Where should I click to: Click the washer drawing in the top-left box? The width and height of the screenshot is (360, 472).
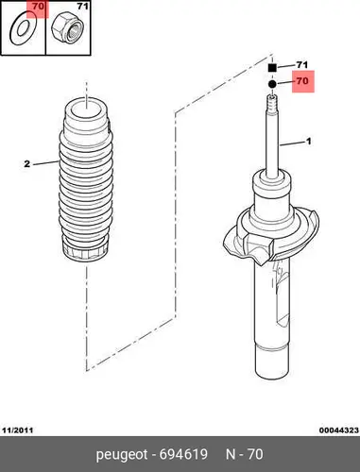coord(14,29)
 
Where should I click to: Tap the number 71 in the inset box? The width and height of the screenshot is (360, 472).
coord(82,6)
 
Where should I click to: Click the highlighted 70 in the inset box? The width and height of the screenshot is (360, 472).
coord(38,6)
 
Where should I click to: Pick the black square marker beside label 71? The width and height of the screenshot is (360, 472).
coord(272,68)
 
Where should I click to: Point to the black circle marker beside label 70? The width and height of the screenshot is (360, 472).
coord(272,84)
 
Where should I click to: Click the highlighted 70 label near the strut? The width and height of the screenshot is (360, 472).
coord(302,81)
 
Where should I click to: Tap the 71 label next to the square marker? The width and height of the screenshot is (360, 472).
coord(302,65)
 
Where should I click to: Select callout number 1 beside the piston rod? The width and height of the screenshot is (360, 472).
coord(309,142)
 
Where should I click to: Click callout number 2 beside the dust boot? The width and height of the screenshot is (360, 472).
coord(27,164)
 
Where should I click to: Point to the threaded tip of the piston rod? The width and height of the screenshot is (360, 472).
coord(272,103)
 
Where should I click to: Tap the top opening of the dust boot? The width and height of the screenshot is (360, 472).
coord(86,109)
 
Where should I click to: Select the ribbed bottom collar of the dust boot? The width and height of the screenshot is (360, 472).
coord(86,252)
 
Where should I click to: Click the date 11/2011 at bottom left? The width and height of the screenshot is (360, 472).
coord(18,430)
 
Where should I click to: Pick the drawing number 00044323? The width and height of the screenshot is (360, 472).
coord(339,430)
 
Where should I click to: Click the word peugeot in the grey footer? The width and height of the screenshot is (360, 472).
coord(122,455)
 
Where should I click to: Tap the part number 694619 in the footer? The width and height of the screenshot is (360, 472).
coord(183,454)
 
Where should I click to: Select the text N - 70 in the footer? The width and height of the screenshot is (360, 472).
coord(245,454)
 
